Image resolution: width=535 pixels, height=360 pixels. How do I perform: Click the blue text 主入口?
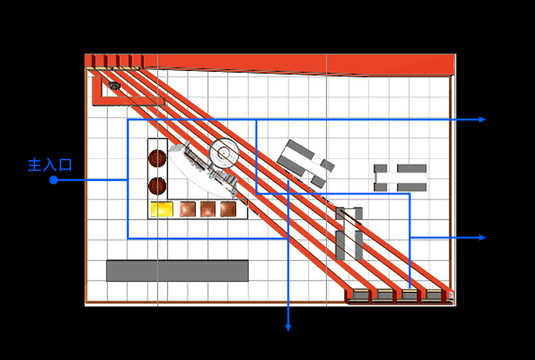[50, 165]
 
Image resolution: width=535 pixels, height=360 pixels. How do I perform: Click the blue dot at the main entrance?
[53, 180]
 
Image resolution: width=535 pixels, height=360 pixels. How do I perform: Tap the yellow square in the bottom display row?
[161, 209]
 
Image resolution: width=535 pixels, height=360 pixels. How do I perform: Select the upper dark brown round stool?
[157, 158]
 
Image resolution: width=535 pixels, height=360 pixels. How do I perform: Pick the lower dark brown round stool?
[157, 186]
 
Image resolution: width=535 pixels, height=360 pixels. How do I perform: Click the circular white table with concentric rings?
[224, 154]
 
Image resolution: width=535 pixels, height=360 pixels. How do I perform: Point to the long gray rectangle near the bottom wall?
[177, 271]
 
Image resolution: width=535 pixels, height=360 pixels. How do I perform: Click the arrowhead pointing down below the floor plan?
[288, 328]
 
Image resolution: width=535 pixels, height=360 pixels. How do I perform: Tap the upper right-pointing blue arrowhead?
[482, 119]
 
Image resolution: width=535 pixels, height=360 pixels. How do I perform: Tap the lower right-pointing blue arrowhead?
[482, 238]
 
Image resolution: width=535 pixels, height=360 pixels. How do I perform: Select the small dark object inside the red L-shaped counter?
[114, 86]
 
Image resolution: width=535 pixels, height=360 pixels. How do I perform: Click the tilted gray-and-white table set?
[305, 163]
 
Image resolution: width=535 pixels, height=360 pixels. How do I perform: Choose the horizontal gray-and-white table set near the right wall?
[400, 178]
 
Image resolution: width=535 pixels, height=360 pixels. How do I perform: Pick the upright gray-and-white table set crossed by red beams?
[348, 233]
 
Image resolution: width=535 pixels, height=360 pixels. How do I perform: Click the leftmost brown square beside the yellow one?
[188, 209]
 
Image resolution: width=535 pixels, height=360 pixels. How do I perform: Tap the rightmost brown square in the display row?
[228, 209]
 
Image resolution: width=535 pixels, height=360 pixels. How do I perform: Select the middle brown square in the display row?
[208, 209]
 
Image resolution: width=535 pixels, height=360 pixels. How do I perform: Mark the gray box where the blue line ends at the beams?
[410, 295]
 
